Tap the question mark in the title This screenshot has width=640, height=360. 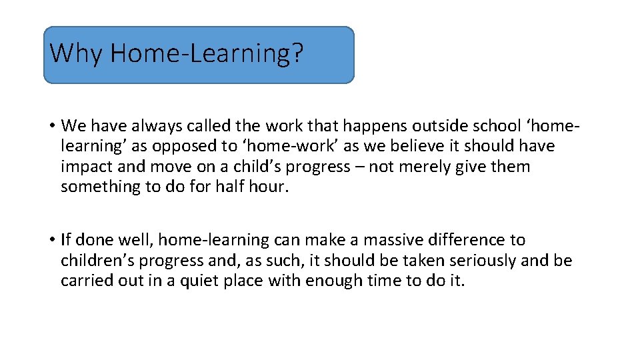pyautogui.click(x=297, y=53)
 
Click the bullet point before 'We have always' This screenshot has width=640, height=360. pyautogui.click(x=51, y=126)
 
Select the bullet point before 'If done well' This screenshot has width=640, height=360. pyautogui.click(x=51, y=240)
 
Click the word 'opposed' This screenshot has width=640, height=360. pyautogui.click(x=174, y=146)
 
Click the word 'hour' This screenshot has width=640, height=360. pyautogui.click(x=270, y=187)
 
